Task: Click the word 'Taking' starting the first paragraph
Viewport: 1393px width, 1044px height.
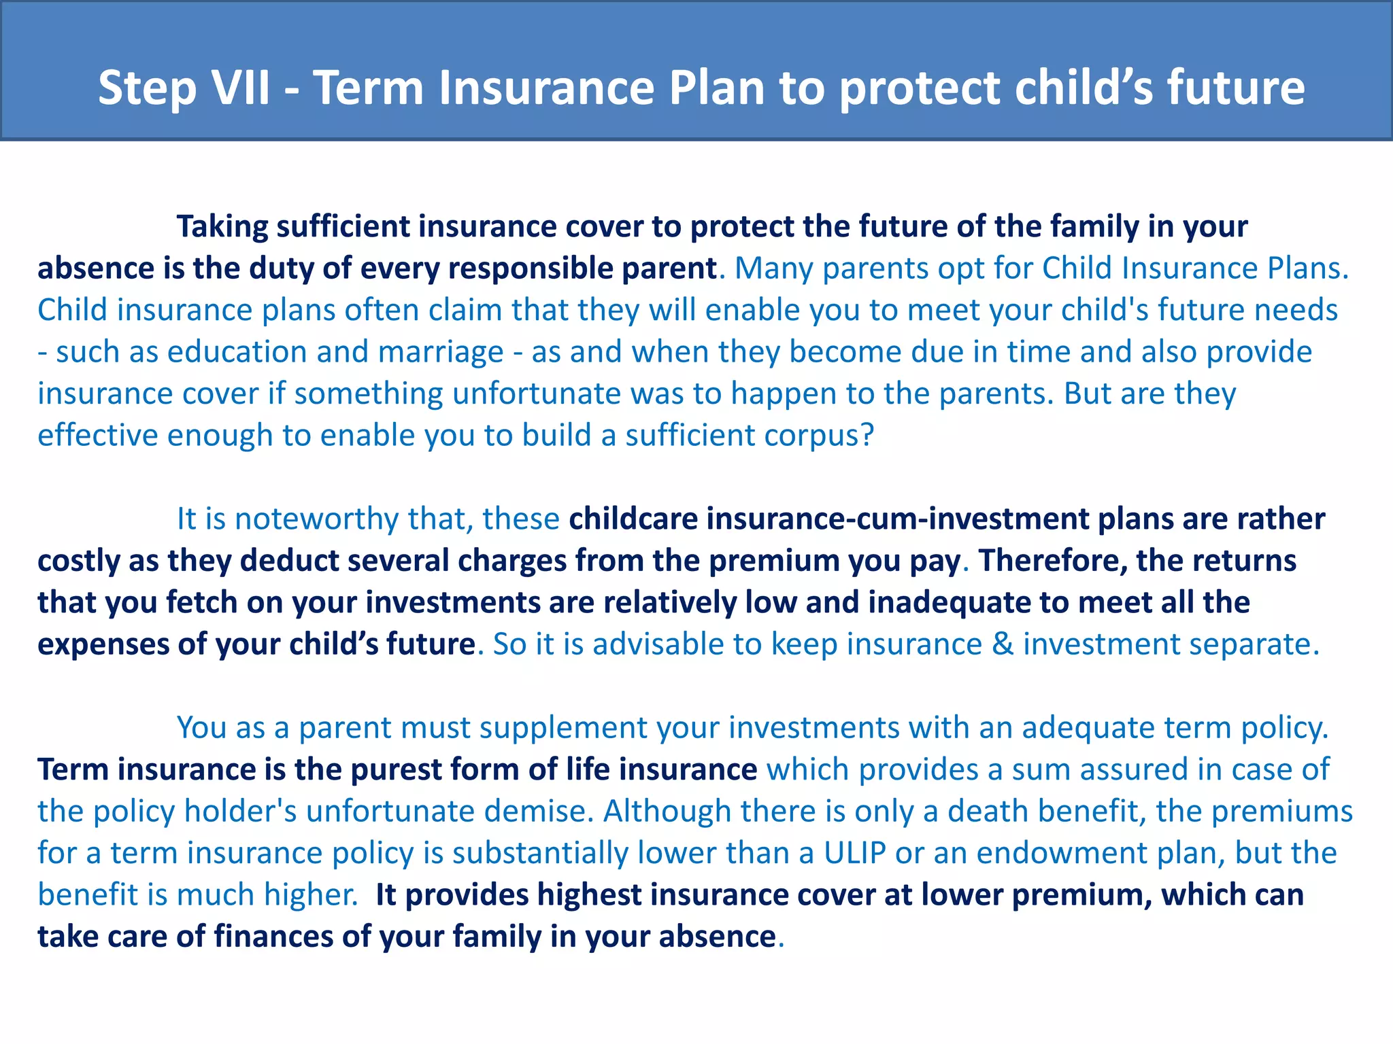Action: pos(222,227)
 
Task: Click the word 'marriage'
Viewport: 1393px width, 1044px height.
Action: pos(441,352)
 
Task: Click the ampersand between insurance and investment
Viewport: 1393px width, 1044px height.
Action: pos(1003,644)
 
